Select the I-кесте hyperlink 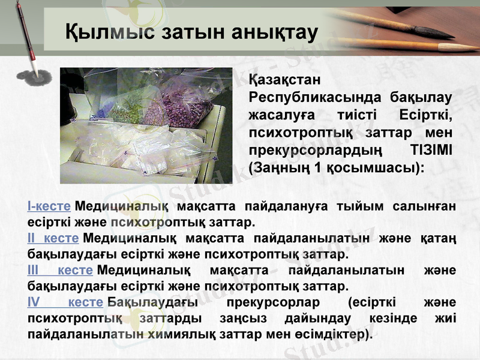click(x=49, y=206)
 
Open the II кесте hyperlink click(x=53, y=238)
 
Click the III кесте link click(x=59, y=269)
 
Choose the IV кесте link click(x=65, y=301)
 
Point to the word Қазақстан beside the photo click(x=286, y=80)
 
